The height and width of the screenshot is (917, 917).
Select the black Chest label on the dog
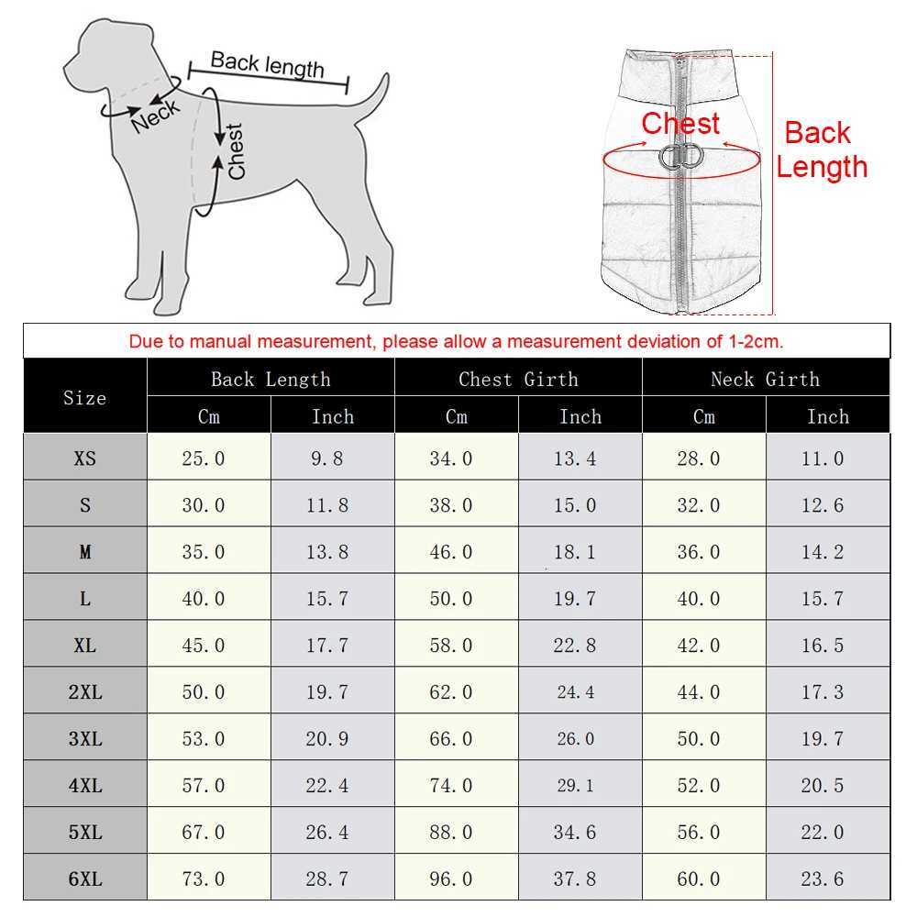pos(236,151)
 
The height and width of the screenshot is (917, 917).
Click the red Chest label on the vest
pos(680,124)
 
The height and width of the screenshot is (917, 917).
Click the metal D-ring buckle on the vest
pos(680,157)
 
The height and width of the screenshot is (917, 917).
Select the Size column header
pos(84,398)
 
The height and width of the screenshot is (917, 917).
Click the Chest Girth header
pos(518,379)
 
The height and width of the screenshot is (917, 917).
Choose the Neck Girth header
pos(766,379)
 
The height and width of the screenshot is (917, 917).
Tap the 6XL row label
pos(84,879)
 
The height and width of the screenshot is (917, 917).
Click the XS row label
pos(84,458)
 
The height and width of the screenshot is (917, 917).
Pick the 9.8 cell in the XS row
pos(327,458)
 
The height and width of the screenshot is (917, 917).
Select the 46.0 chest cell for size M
pos(451,552)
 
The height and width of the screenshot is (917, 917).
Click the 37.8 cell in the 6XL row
pos(575,879)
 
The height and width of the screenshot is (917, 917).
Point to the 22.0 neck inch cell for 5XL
pos(823,833)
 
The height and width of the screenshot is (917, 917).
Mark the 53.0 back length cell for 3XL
pos(204,739)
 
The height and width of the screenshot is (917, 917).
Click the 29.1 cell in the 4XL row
pos(575,786)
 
